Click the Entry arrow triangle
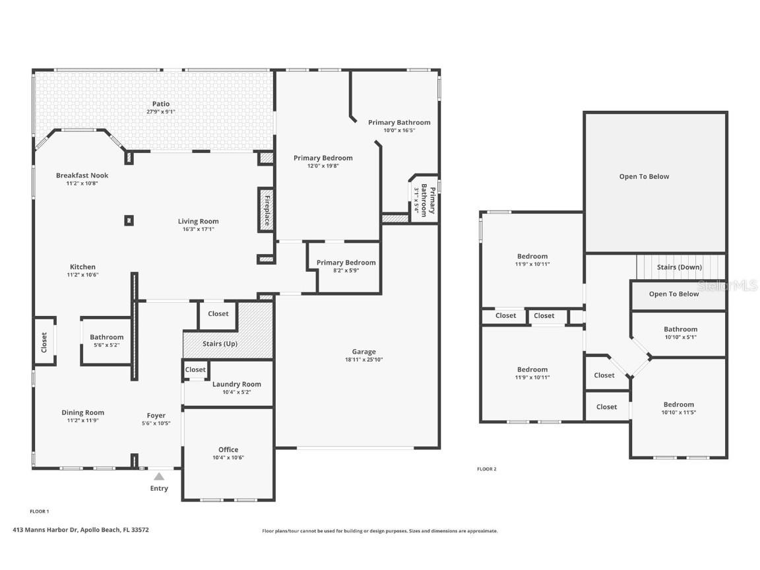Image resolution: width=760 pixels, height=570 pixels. click(159, 476)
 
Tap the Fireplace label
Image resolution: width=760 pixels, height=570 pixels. click(267, 210)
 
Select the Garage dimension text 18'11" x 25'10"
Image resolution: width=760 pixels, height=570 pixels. click(364, 360)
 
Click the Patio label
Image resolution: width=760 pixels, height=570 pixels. click(161, 104)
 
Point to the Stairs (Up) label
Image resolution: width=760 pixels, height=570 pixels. click(220, 344)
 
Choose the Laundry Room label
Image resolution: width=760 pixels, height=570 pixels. click(236, 384)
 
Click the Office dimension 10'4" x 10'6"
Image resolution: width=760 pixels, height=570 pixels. click(228, 457)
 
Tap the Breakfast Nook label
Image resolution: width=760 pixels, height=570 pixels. click(82, 175)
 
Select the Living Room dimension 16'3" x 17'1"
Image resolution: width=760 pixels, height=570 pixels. click(198, 229)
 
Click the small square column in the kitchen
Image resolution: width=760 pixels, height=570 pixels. click(129, 220)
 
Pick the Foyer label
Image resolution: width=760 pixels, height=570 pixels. click(156, 416)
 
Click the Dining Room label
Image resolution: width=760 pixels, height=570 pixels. click(82, 412)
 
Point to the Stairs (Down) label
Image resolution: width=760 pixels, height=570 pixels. click(679, 267)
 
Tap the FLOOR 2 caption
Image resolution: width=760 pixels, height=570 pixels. click(486, 469)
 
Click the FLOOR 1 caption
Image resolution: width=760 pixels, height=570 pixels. click(40, 511)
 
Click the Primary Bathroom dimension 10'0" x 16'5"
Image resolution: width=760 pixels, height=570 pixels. click(399, 130)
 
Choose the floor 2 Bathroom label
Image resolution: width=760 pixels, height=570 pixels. click(680, 329)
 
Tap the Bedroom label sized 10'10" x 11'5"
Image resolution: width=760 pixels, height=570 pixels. click(679, 404)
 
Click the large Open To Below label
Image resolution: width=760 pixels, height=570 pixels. click(644, 176)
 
